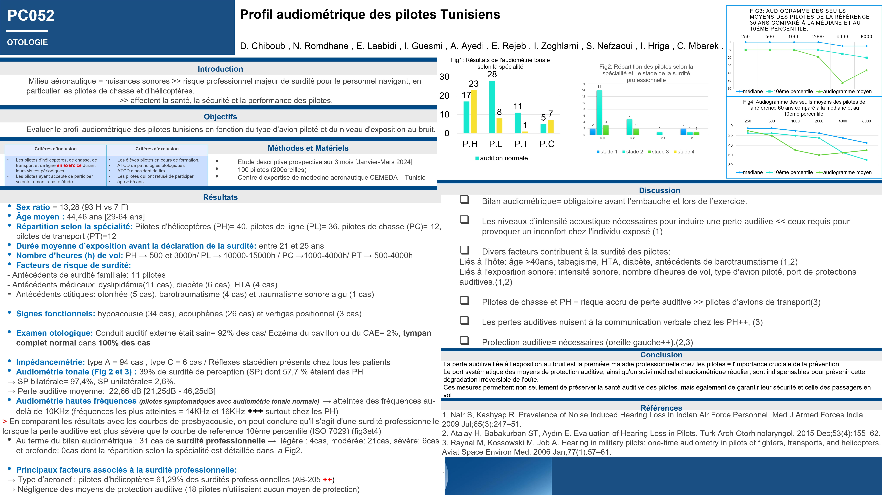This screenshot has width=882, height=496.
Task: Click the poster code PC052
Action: (31, 15)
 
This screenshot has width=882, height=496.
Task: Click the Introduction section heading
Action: (220, 69)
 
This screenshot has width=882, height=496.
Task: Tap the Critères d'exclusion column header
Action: (157, 149)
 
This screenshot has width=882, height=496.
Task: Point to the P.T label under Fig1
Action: (521, 144)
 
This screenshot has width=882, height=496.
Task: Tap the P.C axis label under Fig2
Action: (633, 138)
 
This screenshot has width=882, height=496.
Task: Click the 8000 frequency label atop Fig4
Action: (866, 121)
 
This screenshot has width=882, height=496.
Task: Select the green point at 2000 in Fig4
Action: (819, 155)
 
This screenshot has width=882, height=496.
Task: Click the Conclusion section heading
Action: (661, 355)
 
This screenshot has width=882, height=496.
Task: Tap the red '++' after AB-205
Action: (327, 480)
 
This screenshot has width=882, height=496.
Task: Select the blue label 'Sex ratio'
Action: (33, 207)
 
